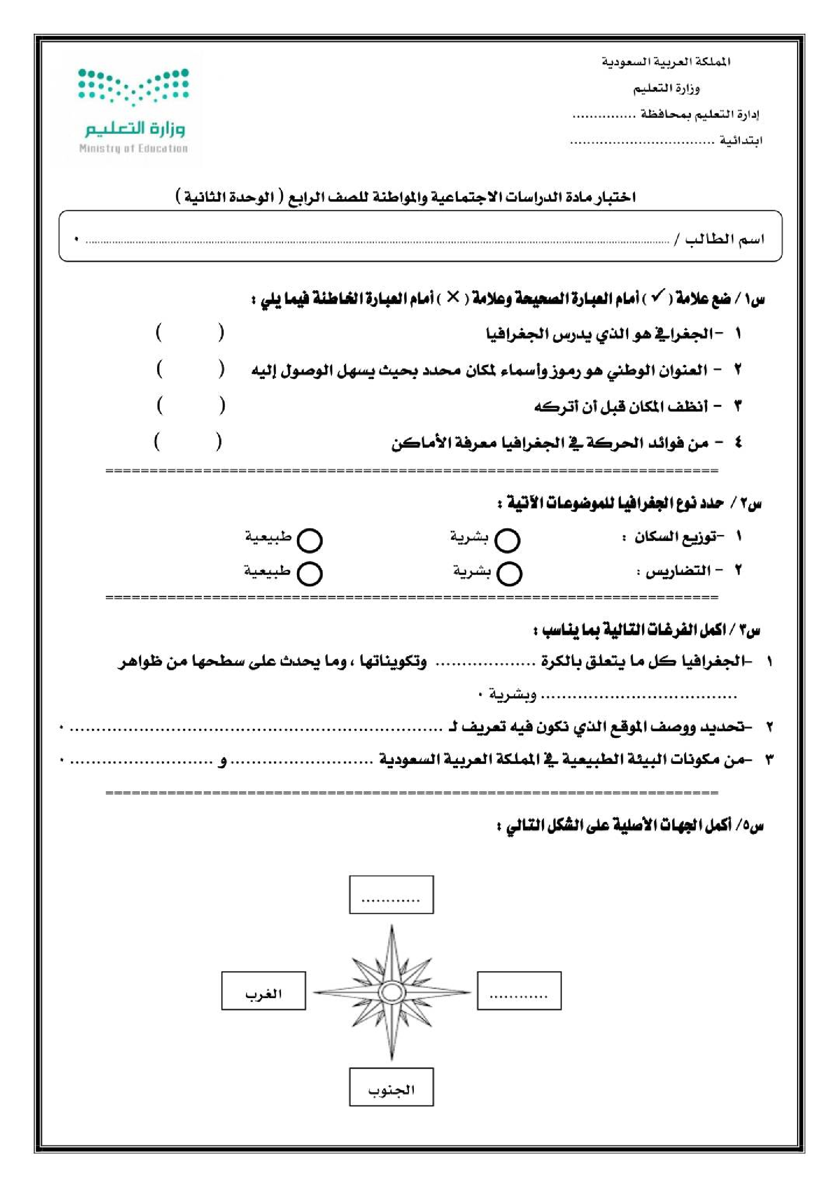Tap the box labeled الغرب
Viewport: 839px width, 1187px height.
pos(263,991)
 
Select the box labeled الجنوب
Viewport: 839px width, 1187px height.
pos(391,1087)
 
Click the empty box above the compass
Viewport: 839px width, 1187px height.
pos(391,895)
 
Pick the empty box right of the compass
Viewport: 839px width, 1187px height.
pos(519,991)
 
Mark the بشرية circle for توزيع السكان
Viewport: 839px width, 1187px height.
pos(507,540)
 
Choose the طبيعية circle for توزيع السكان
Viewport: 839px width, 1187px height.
pos(310,540)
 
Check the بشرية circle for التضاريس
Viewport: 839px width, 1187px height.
pos(509,573)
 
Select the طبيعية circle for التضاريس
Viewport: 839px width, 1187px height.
pos(309,573)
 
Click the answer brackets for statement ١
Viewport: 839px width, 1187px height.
pos(190,333)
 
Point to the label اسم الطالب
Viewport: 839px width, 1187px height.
pos(724,239)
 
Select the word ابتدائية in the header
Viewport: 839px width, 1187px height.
pos(741,140)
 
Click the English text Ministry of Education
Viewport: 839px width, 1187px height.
pos(133,149)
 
